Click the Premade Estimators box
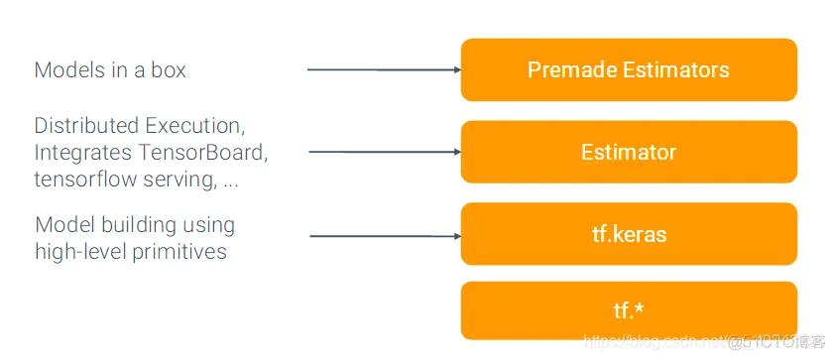tap(629, 69)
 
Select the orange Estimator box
tap(629, 152)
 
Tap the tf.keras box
tap(629, 234)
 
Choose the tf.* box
tap(629, 310)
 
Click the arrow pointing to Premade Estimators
tap(384, 69)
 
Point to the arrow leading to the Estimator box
tap(385, 152)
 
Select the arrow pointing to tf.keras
tap(385, 236)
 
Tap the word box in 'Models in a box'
tap(168, 70)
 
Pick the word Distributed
tap(86, 126)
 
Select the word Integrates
tap(83, 154)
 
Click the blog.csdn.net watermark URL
tap(655, 342)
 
